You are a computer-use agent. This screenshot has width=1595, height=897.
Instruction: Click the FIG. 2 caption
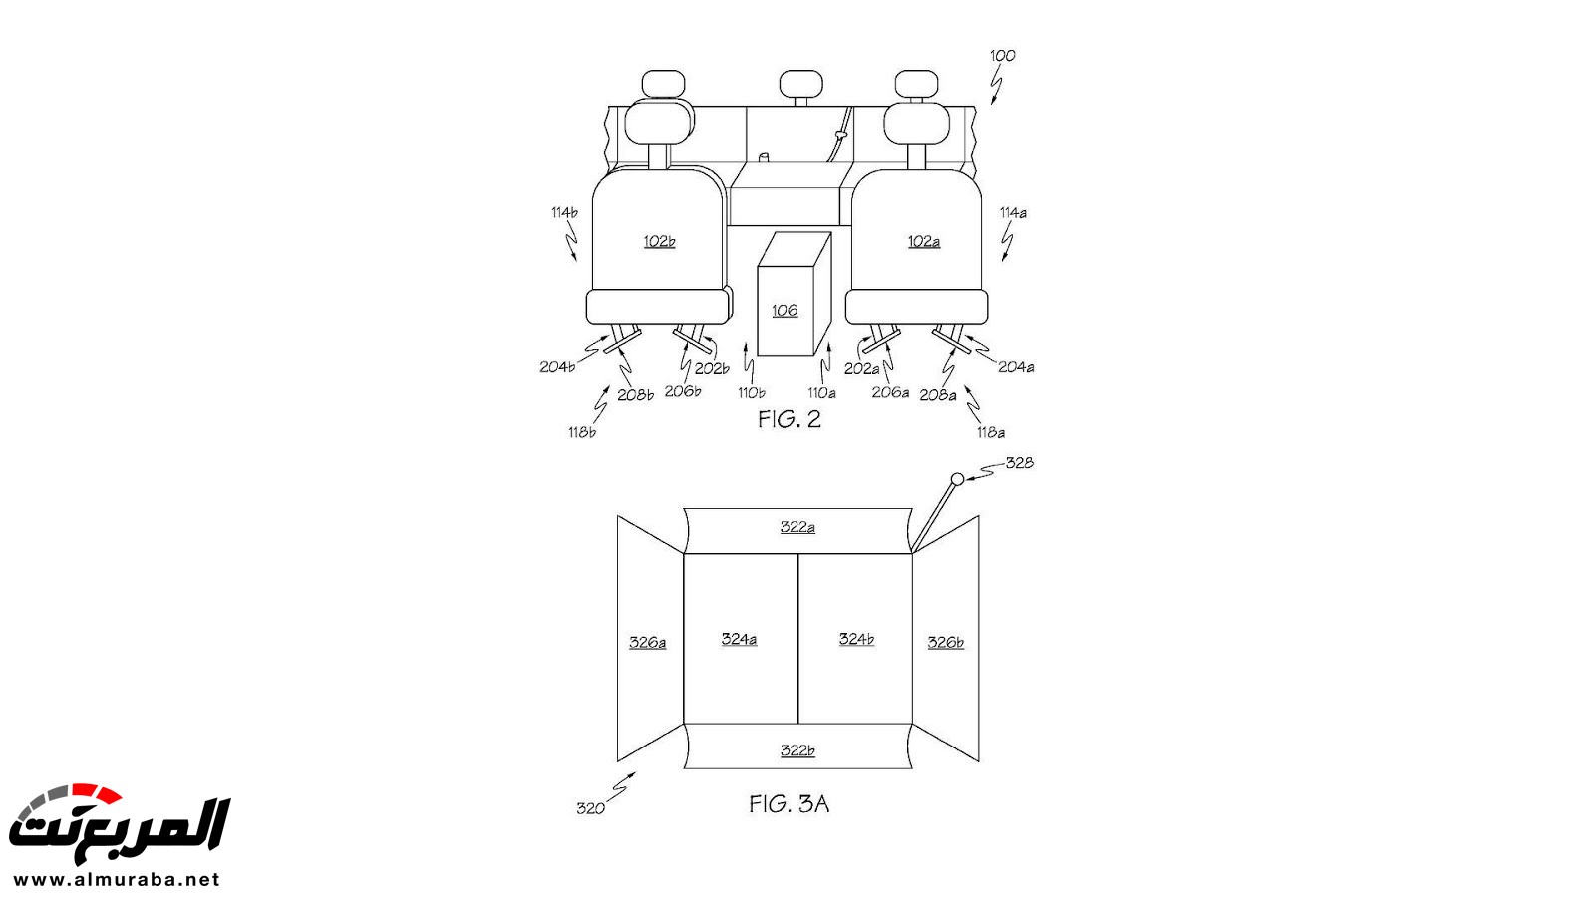pos(789,419)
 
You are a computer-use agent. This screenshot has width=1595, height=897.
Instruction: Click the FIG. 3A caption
pos(789,804)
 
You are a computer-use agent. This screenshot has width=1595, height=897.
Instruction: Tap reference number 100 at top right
pos(1003,56)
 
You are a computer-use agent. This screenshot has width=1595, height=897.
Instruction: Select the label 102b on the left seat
pos(659,241)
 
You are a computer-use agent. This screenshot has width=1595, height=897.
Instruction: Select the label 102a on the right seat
pos(923,242)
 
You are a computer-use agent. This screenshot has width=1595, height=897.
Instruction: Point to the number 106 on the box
pos(785,310)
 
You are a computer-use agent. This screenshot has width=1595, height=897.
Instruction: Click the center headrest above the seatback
pos(801,84)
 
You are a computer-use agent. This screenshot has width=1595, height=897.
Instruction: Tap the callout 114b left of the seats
pos(564,212)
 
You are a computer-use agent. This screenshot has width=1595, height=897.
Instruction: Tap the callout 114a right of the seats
pos(1013,213)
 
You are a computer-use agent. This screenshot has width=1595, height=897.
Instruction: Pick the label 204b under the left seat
pos(557,367)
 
